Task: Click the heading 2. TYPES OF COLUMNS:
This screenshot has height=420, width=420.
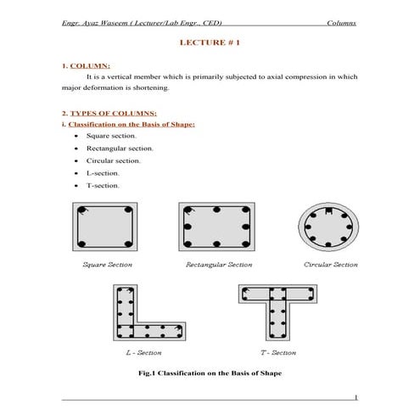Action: [x=109, y=112]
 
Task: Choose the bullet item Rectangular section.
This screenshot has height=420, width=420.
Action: [x=120, y=148]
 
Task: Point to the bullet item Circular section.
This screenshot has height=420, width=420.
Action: [x=114, y=160]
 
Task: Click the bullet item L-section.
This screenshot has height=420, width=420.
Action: [x=103, y=173]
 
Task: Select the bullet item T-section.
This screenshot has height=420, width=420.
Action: [x=103, y=185]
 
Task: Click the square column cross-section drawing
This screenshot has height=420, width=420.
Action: [x=106, y=227]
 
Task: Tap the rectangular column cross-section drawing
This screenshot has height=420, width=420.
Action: [x=218, y=227]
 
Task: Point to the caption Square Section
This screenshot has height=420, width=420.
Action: [x=106, y=265]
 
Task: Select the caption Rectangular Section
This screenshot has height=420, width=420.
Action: [x=219, y=265]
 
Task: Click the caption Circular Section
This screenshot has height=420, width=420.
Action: [x=330, y=265]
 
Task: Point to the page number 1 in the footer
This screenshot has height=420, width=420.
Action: [x=356, y=397]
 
